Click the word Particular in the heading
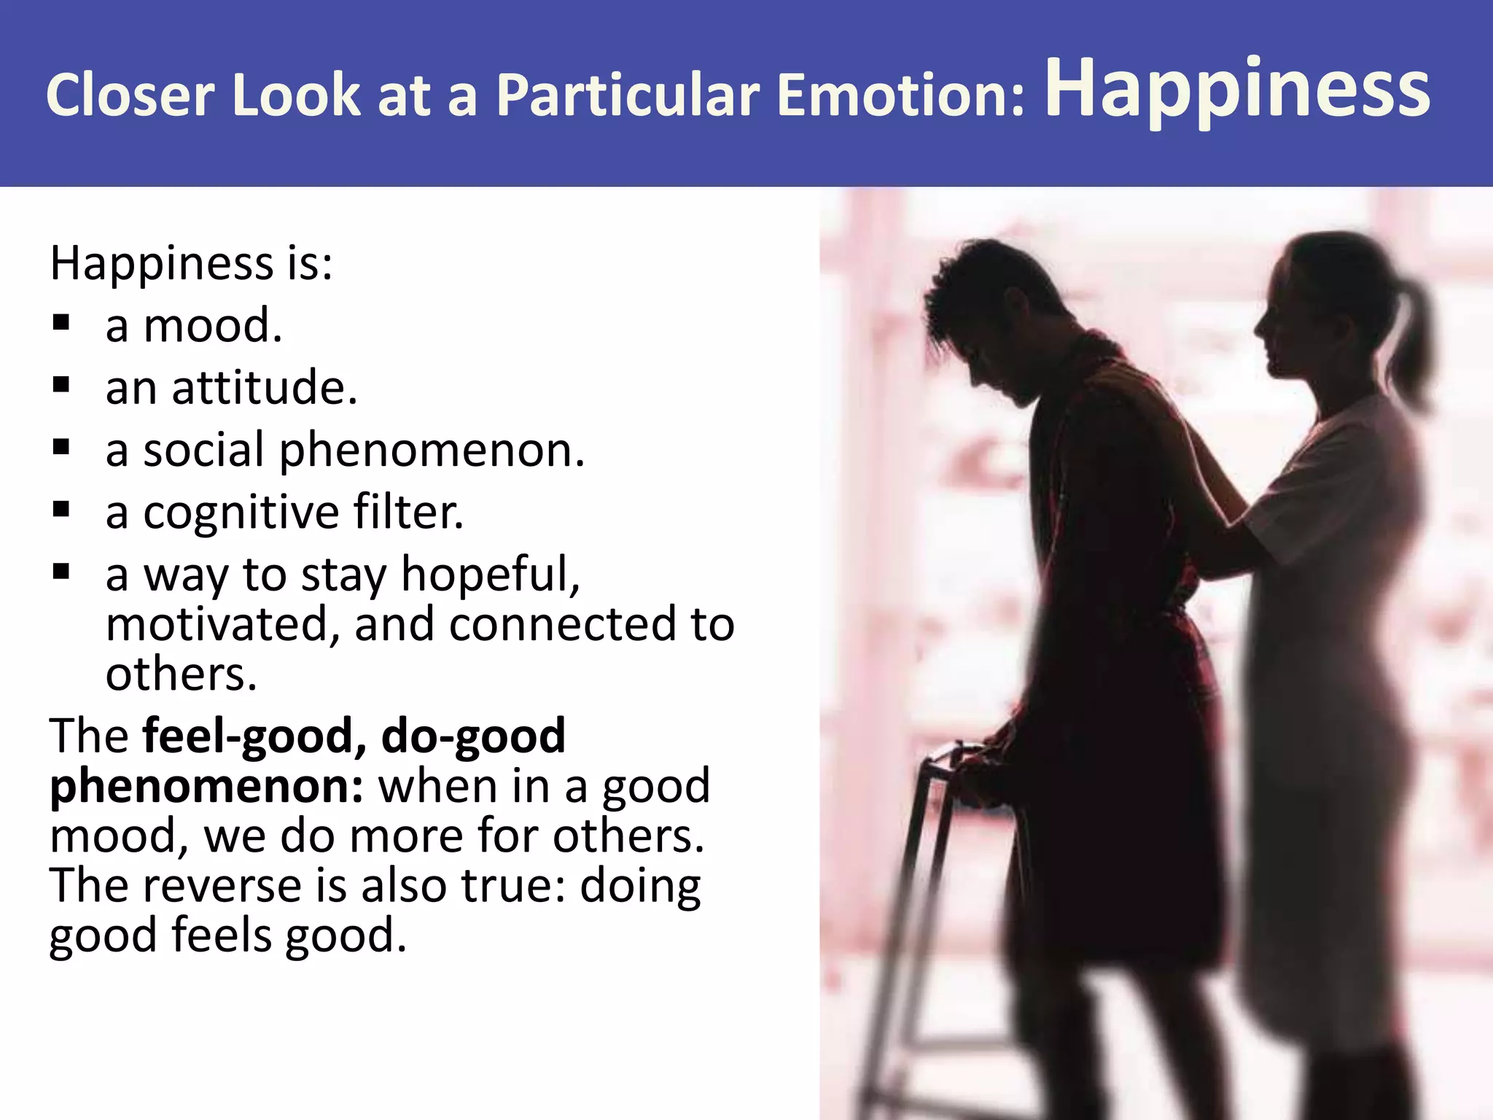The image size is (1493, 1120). [628, 96]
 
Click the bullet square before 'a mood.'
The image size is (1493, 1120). [61, 322]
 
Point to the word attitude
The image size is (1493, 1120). [264, 387]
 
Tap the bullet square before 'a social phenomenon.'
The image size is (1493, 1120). [61, 447]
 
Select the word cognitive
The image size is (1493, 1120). [241, 513]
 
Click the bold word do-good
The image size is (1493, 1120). [474, 736]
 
